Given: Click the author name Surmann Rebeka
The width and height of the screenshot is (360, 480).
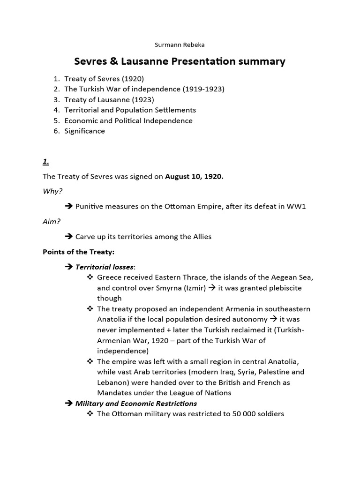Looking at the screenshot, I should coord(180,45).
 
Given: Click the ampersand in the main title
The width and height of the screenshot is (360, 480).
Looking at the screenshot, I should coord(108,61).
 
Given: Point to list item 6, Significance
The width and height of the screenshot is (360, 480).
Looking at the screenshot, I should coord(84,131).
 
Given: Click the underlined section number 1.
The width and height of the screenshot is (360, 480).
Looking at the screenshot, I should coord(46,162).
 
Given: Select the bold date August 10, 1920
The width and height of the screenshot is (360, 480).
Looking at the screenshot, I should coord(194,177).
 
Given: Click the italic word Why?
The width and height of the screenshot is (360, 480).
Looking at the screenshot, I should coord(52,192).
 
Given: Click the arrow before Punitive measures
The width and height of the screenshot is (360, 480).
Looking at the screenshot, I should coord(68,207).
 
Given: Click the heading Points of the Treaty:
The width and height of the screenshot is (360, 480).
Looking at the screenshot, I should coord(78,252).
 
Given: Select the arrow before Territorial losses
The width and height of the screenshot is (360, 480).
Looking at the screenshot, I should coord(68,267).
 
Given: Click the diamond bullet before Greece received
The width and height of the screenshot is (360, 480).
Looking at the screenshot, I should coord(90,277).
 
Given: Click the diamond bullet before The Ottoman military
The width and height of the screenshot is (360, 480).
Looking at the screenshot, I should coord(90,414).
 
